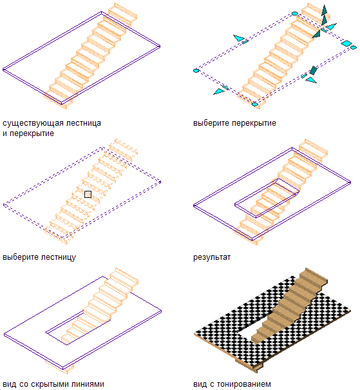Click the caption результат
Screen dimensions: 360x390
(x=212, y=257)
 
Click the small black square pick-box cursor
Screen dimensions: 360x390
(x=88, y=194)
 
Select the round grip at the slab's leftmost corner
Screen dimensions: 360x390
(x=196, y=71)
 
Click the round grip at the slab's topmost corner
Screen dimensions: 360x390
(x=295, y=14)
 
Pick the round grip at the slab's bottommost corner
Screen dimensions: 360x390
(x=254, y=104)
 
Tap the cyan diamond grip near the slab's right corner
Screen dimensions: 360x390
(x=346, y=43)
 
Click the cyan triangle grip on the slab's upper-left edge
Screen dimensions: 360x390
(x=239, y=38)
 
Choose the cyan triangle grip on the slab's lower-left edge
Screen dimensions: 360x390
(x=218, y=92)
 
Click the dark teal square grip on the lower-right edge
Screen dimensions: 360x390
(x=313, y=70)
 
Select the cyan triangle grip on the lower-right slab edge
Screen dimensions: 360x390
(x=311, y=80)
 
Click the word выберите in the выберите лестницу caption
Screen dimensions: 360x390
(x=21, y=257)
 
